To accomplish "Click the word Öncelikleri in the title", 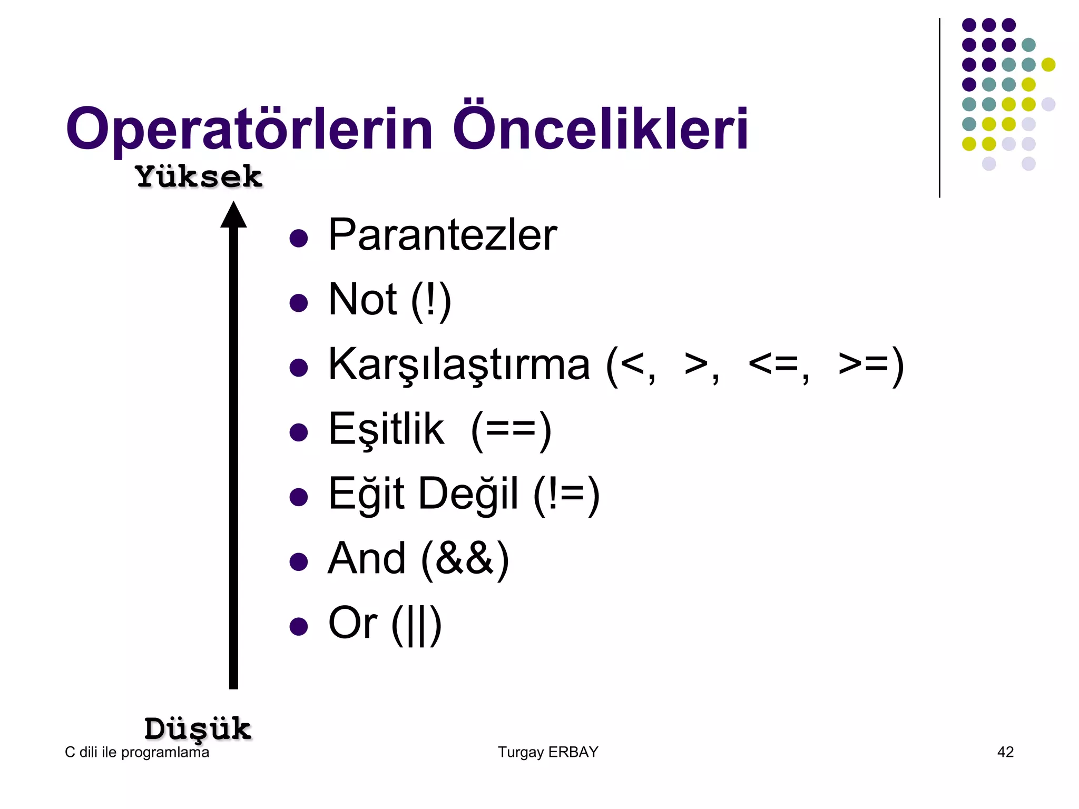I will [600, 127].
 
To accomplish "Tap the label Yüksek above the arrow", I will [199, 176].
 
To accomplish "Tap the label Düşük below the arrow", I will [198, 729].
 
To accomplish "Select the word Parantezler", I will [442, 235].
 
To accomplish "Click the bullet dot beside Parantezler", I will [299, 238].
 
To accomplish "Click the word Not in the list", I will [362, 300].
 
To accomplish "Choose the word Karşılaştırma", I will [459, 365].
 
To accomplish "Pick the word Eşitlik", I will [386, 430].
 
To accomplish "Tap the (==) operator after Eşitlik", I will [511, 431].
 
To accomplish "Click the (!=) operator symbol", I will [566, 495].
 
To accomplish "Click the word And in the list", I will [367, 559].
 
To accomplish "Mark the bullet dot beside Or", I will [299, 626].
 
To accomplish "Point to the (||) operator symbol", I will [416, 625].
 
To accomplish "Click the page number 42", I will [1005, 752].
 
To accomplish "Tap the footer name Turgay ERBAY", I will [548, 752].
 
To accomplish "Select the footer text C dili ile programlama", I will [137, 752].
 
